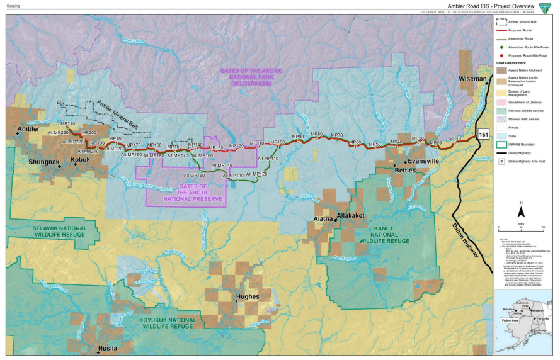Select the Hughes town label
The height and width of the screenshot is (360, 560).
click(247, 296)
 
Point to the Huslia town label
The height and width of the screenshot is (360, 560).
click(108, 347)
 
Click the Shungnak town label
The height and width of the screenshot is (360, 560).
click(45, 162)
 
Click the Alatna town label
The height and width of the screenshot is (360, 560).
click(324, 218)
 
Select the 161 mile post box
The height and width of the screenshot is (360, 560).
click(483, 135)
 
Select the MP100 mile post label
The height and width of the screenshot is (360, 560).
click(277, 143)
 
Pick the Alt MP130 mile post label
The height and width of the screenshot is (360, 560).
click(234, 176)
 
